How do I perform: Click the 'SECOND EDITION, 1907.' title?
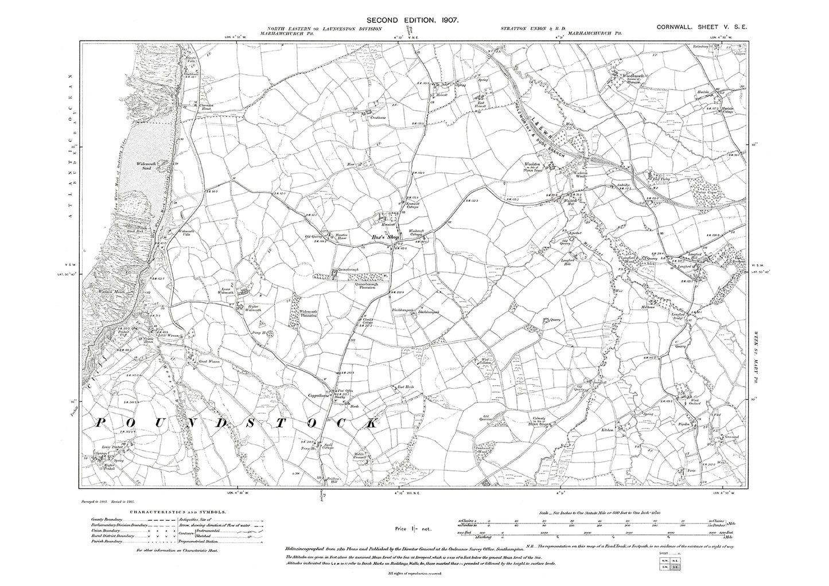pos(415,20)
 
